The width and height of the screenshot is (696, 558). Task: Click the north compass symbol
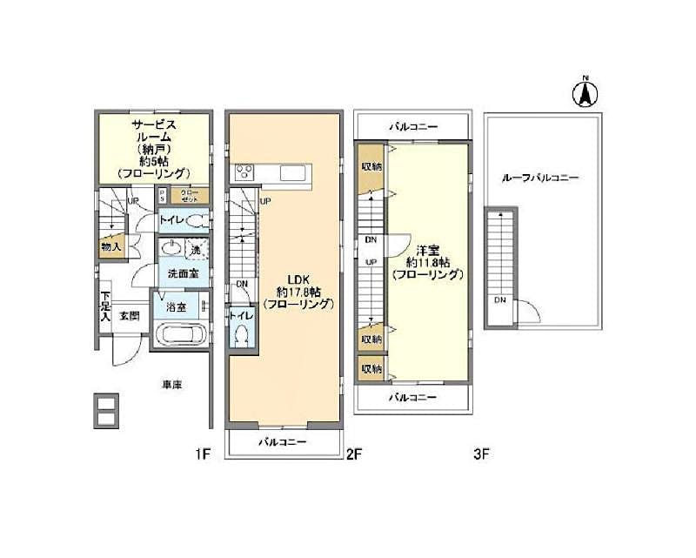click(x=586, y=92)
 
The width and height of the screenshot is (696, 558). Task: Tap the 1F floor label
click(x=202, y=454)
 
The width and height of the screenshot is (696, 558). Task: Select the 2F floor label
click(x=353, y=454)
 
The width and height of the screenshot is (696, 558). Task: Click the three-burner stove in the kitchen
click(x=242, y=171)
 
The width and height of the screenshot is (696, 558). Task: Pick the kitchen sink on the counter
click(x=291, y=172)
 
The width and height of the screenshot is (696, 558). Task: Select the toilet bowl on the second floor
click(x=243, y=336)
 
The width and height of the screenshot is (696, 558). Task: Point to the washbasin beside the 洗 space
click(x=171, y=249)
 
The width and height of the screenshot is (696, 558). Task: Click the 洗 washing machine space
click(x=195, y=249)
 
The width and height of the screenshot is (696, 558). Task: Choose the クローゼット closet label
click(x=190, y=196)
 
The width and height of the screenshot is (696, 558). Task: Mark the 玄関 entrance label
click(x=130, y=315)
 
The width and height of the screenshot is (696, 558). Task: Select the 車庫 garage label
click(x=171, y=384)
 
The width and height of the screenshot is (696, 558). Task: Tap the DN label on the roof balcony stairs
click(x=500, y=300)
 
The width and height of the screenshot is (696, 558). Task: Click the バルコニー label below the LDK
click(x=284, y=442)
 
